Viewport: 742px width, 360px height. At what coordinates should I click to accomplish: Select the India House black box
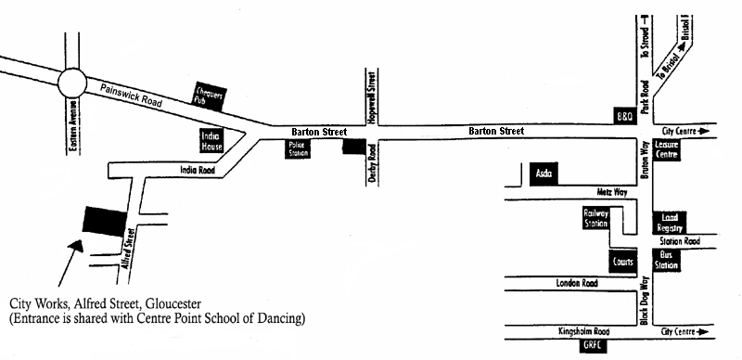[x=212, y=140]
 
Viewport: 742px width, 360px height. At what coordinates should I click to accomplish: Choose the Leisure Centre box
[x=666, y=149]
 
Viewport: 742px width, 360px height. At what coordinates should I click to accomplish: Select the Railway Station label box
[x=595, y=218]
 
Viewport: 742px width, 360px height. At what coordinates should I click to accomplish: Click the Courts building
[x=621, y=263]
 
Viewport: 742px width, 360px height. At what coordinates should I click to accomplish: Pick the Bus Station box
[x=667, y=259]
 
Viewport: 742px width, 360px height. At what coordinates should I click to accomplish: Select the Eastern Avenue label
[x=75, y=125]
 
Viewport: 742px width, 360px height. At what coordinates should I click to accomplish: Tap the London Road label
[x=573, y=282]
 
